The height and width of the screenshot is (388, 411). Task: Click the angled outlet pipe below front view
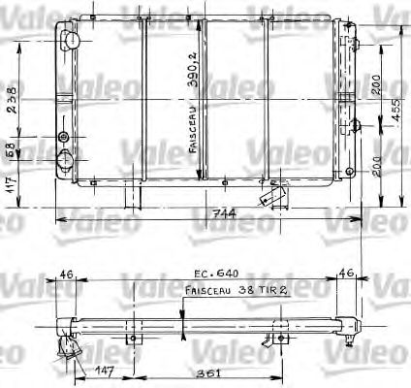[269, 194]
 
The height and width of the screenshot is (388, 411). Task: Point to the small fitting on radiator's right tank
[354, 125]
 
